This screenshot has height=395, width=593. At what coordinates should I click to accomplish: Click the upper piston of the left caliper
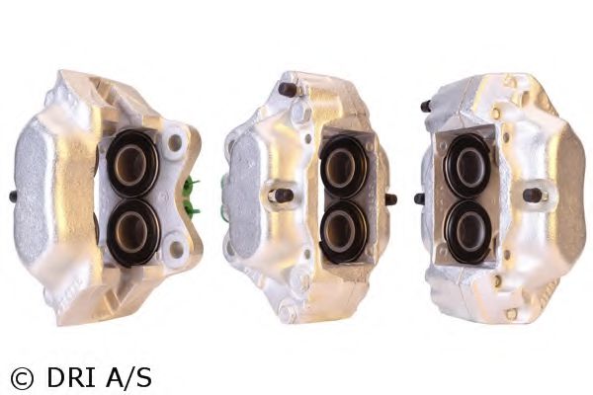tap(131, 163)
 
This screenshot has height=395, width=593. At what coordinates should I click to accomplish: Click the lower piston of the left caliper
tap(133, 231)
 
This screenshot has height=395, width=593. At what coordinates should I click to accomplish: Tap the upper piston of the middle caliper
tap(342, 166)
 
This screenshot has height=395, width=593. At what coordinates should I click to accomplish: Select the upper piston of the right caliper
tap(467, 165)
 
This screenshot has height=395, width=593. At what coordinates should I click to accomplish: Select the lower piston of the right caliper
tap(468, 231)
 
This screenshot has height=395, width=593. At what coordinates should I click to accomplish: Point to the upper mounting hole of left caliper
tap(175, 142)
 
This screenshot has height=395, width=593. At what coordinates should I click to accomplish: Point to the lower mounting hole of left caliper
tap(176, 249)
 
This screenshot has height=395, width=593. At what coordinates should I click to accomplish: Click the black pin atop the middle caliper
tap(288, 89)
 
